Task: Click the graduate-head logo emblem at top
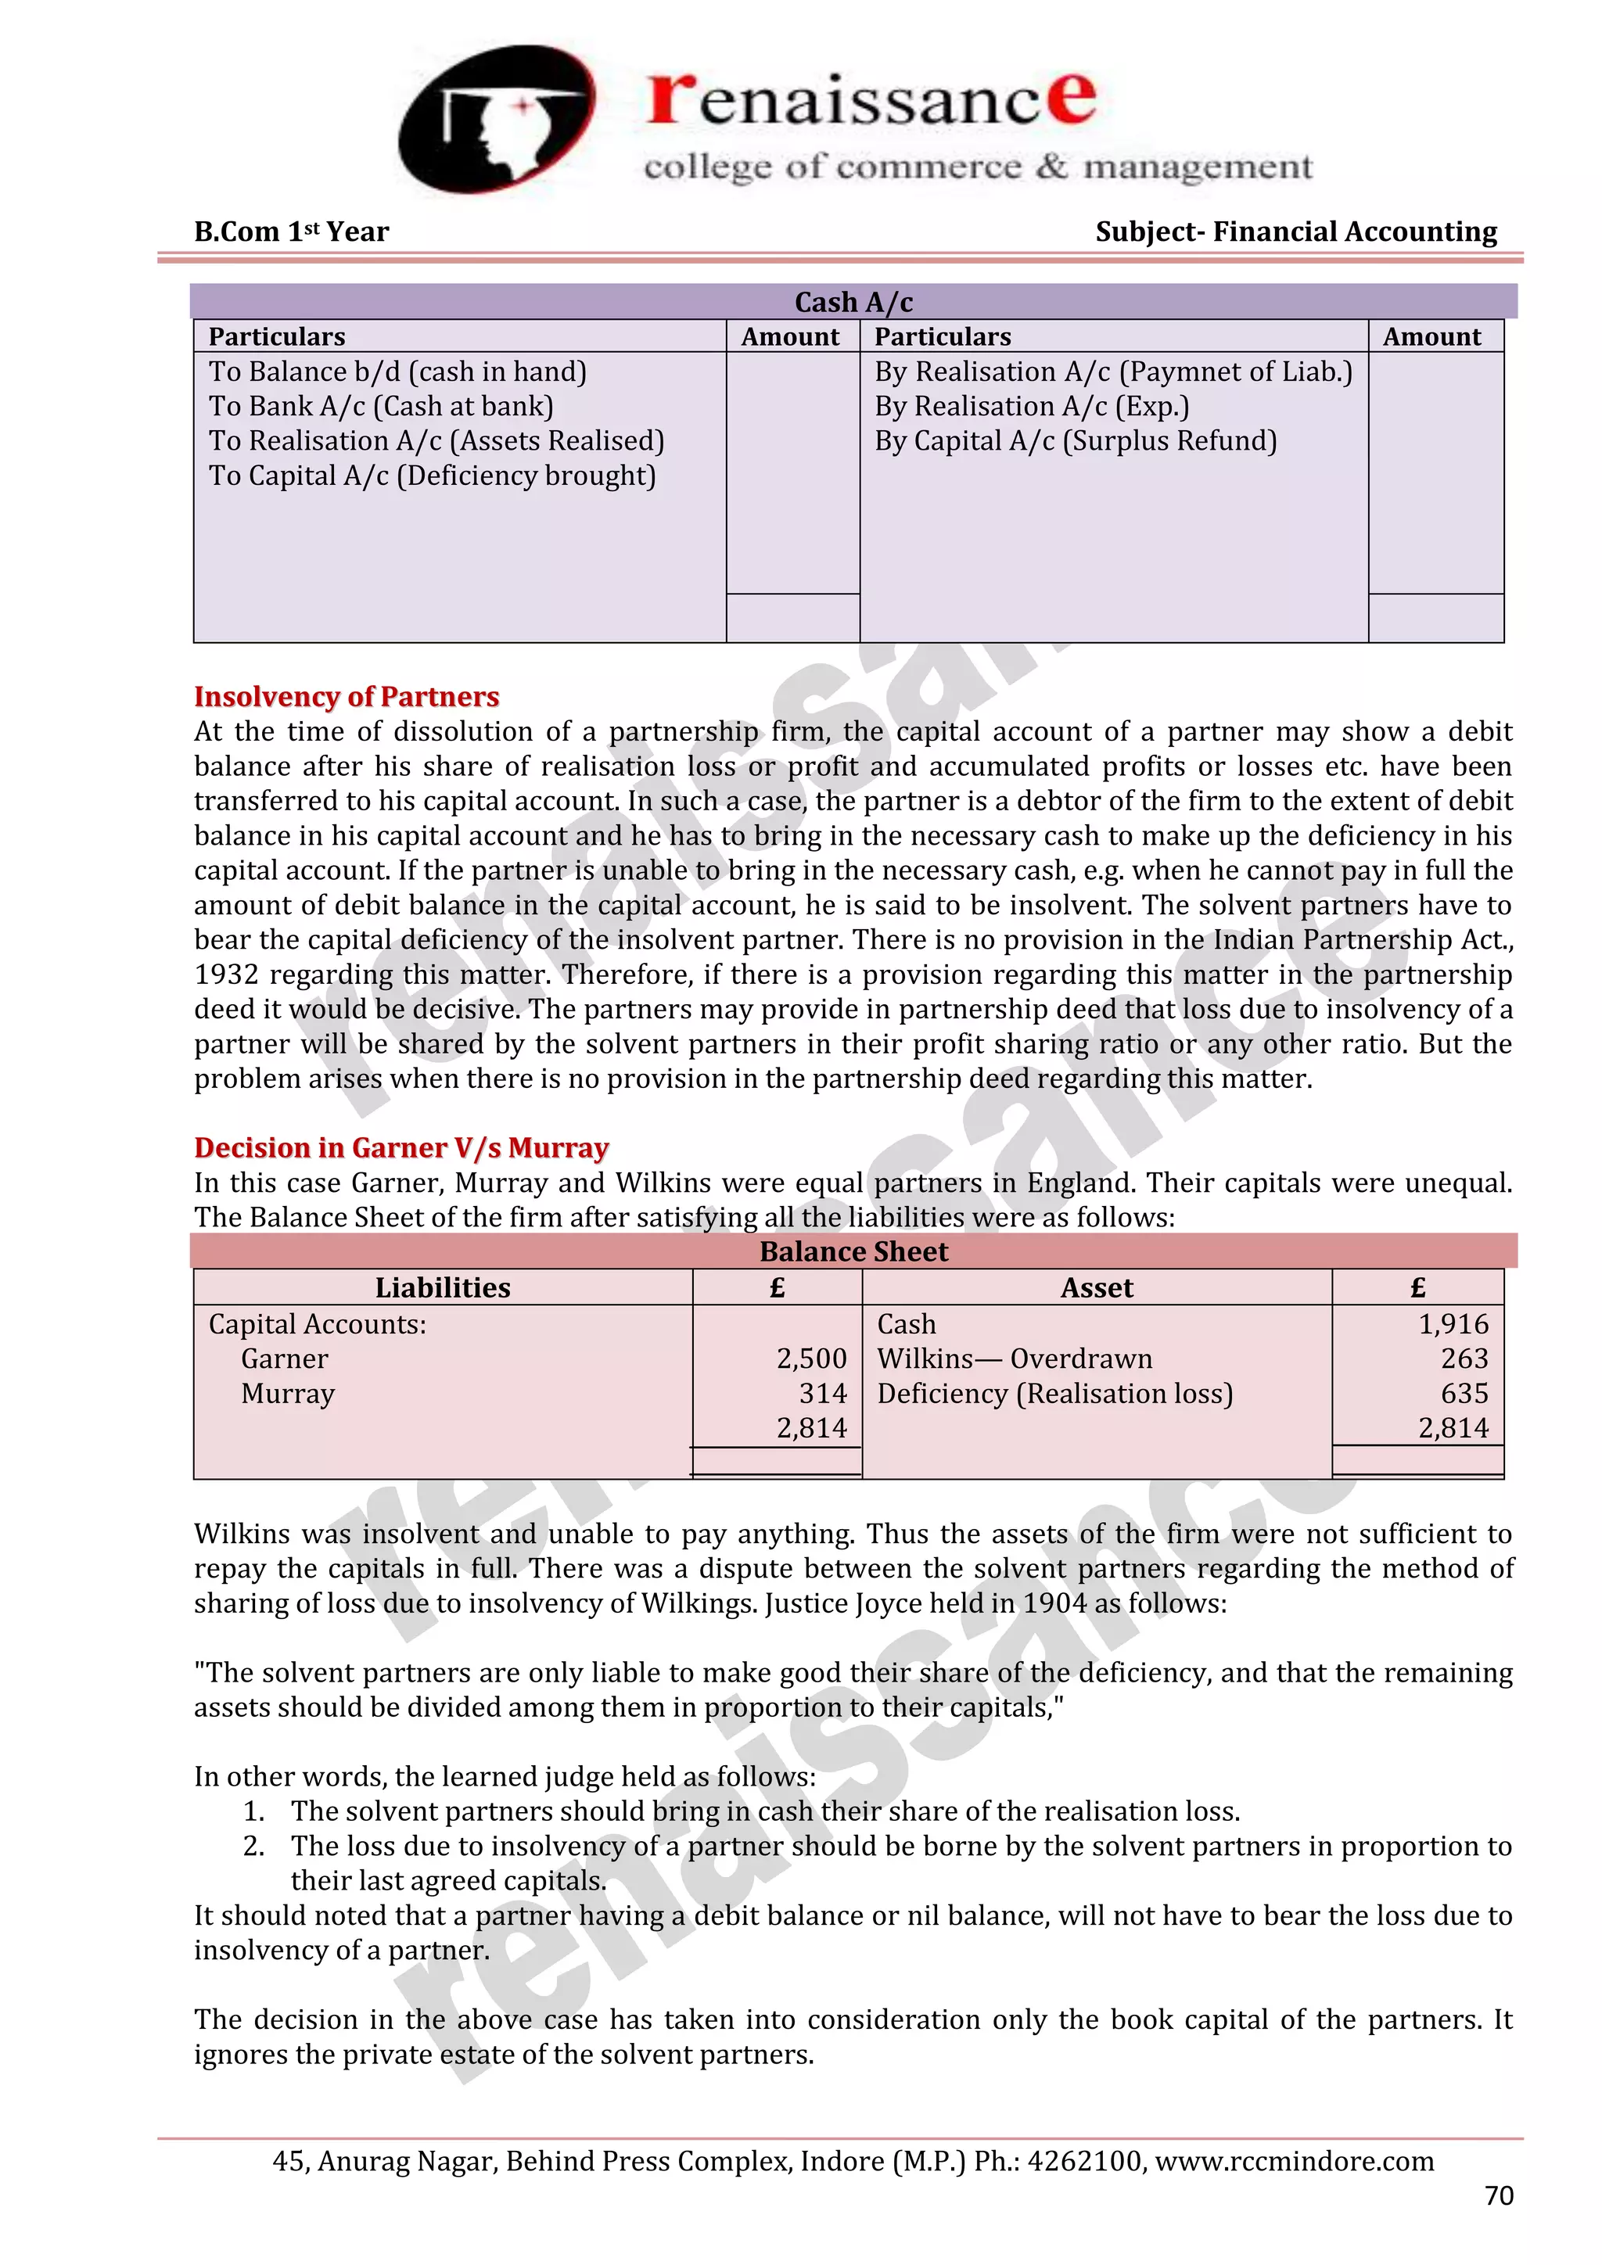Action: click(496, 118)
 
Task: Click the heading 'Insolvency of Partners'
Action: click(347, 696)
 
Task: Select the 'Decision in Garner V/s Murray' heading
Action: click(400, 1147)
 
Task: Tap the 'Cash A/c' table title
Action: click(853, 302)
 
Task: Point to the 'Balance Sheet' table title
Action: click(853, 1251)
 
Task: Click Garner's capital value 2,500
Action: click(811, 1359)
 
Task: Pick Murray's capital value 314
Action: click(823, 1393)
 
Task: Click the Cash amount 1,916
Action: click(1453, 1324)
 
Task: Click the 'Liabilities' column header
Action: click(442, 1287)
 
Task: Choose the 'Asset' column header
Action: click(1096, 1287)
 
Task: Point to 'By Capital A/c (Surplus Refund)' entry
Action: click(1076, 441)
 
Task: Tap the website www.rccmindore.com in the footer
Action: click(1295, 2160)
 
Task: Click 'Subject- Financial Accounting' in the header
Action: click(1295, 232)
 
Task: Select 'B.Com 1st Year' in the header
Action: click(291, 232)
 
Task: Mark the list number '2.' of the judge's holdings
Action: click(253, 1846)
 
